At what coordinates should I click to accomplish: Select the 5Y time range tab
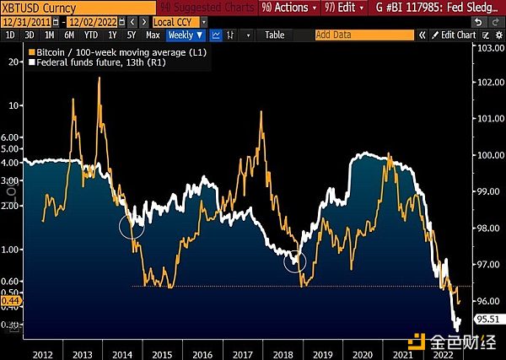pyautogui.click(x=132, y=35)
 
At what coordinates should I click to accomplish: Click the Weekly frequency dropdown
pyautogui.click(x=185, y=35)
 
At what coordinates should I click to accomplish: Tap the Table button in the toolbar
pyautogui.click(x=275, y=35)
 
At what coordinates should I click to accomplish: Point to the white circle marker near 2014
pyautogui.click(x=132, y=225)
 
